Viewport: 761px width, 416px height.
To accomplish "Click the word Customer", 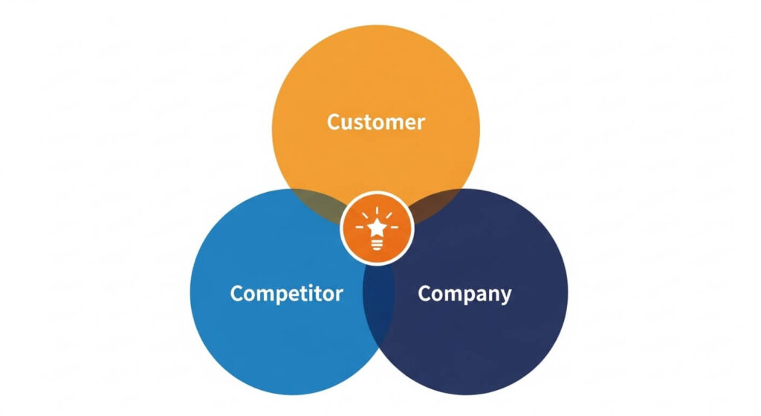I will pos(376,121).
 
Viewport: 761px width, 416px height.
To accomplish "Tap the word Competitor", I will pos(286,293).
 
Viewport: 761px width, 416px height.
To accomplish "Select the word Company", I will pos(464,293).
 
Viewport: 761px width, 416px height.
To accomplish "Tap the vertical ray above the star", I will pos(377,208).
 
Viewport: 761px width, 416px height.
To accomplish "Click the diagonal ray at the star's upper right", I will pos(390,214).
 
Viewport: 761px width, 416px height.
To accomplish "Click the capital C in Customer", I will pos(334,121).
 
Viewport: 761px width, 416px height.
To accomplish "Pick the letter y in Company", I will pos(505,295).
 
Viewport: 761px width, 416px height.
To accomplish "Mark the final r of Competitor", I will pos(339,295).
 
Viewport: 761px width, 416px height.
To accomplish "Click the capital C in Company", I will pos(425,292).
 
